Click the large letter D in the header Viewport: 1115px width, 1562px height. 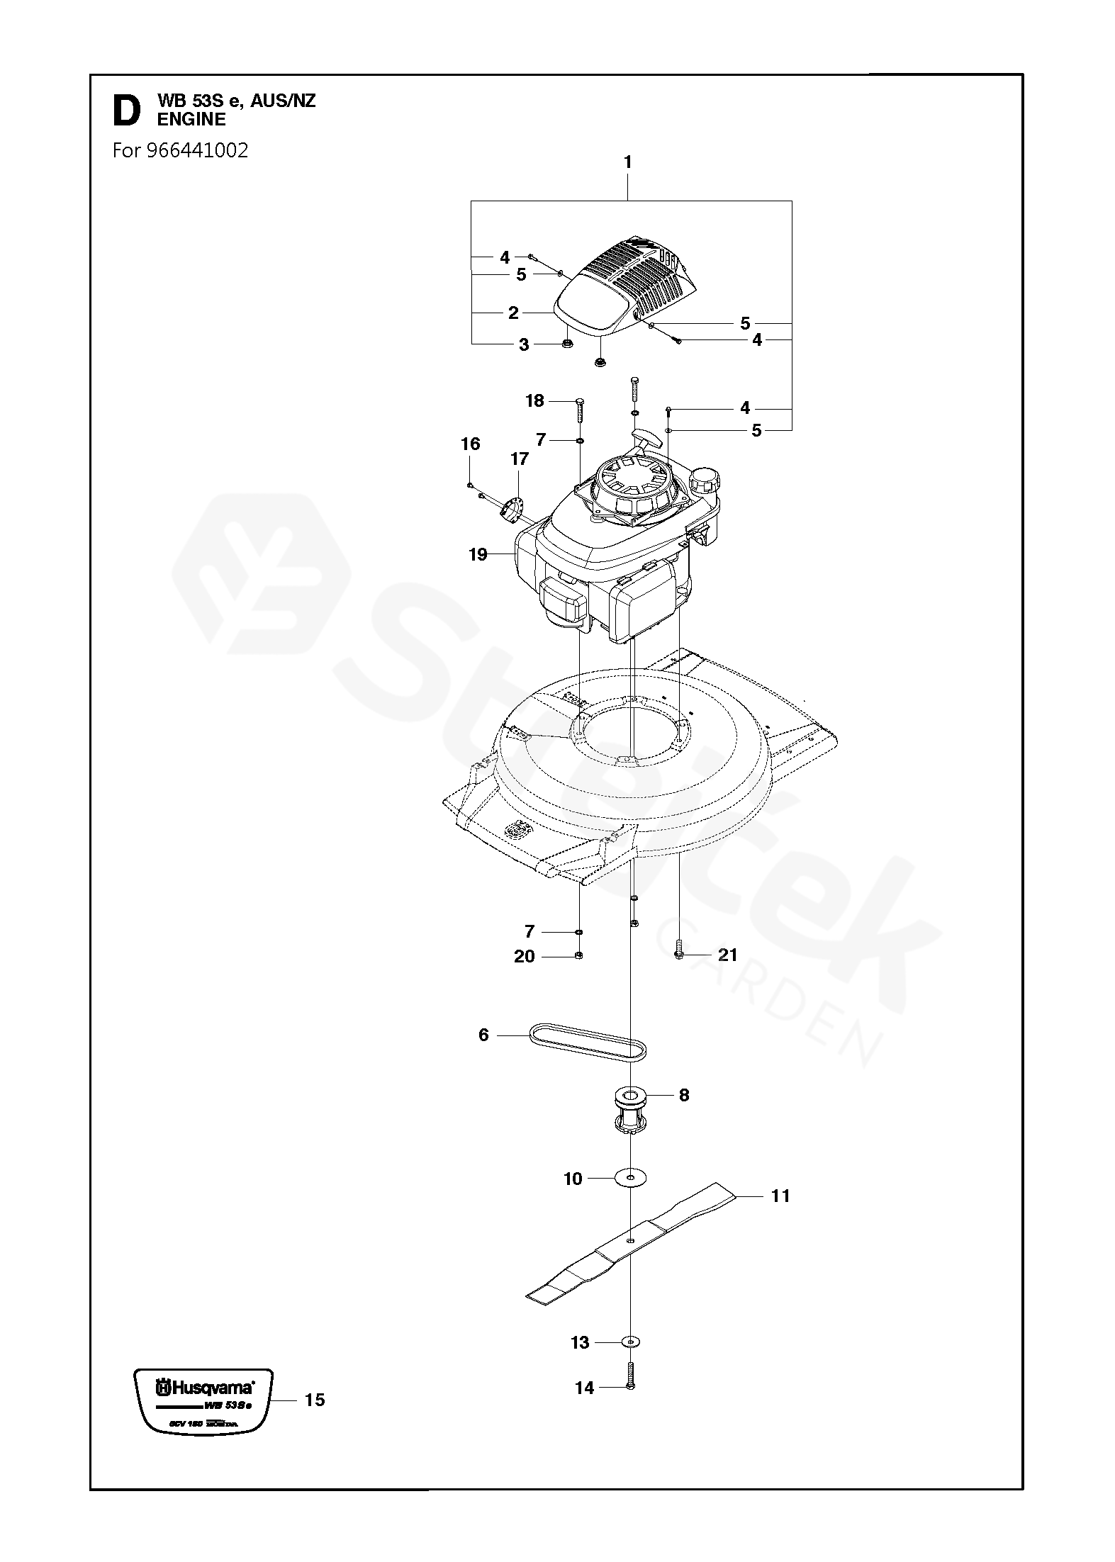(127, 111)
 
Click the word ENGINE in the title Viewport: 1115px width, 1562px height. (191, 120)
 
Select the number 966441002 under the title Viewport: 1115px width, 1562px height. (198, 150)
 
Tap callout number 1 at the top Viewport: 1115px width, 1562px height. (627, 162)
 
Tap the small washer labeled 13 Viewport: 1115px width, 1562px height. (630, 1342)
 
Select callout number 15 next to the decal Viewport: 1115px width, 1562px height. (315, 1400)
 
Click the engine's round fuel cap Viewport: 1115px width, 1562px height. (705, 480)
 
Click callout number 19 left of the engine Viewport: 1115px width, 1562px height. (478, 554)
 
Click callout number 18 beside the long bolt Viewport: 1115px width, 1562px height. (534, 401)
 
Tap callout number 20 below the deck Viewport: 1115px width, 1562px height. (525, 957)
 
